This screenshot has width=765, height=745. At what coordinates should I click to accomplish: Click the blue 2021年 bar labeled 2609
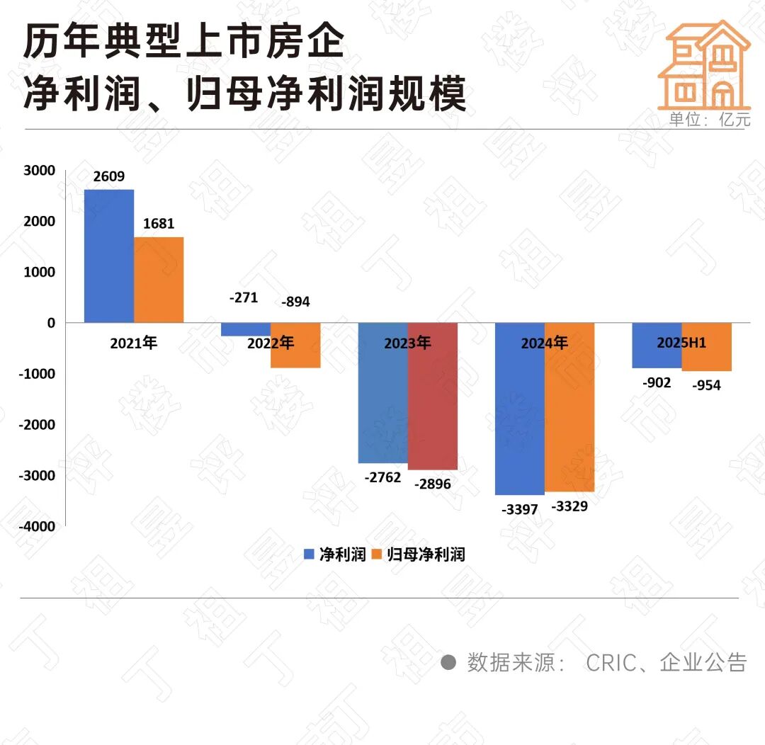coord(108,256)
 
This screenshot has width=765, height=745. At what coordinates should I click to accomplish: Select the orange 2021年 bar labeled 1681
coord(159,280)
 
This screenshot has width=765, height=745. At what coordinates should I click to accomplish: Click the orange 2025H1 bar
coord(706,354)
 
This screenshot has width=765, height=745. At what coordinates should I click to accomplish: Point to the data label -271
coord(244,298)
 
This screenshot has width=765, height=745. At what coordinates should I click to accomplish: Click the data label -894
coord(295,302)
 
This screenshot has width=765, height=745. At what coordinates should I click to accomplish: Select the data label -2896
coord(432,484)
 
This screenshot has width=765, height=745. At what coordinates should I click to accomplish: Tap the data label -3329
coord(569,506)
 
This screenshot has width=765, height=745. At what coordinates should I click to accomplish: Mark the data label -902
coord(657,383)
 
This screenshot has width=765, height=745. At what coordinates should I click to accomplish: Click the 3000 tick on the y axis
coord(41,171)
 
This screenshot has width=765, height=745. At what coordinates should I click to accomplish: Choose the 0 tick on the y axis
coord(50,323)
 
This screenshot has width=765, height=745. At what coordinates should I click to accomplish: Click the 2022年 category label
coord(271,343)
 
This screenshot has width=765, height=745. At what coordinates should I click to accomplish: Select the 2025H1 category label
coord(681,343)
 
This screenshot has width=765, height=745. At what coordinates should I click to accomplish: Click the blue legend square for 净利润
coord(310,555)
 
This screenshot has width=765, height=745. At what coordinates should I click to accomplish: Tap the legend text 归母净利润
coord(426,555)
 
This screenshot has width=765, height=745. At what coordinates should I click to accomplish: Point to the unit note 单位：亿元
coord(709,120)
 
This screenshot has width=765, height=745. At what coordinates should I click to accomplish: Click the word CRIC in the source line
coord(610,662)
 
